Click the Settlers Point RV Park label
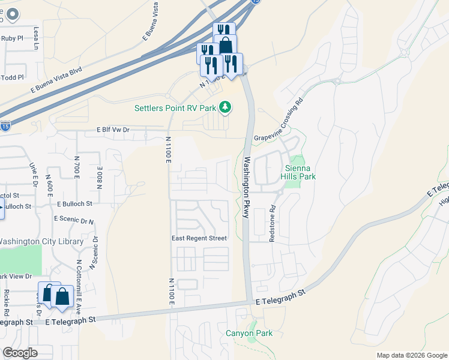click(174, 108)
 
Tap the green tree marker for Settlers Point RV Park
click(226, 107)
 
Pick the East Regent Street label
click(199, 238)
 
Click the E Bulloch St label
click(75, 204)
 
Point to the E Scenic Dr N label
click(74, 220)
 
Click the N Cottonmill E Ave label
click(79, 281)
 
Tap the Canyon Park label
click(249, 333)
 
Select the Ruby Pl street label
click(12, 38)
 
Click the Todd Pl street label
click(13, 77)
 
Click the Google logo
click(20, 353)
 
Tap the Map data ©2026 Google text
click(412, 355)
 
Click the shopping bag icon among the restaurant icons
click(226, 46)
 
